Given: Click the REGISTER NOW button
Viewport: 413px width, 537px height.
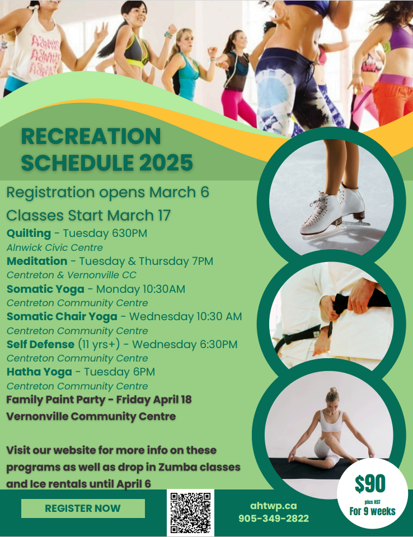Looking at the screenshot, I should [x=83, y=509].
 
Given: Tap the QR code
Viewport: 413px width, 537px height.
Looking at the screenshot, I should [x=190, y=513].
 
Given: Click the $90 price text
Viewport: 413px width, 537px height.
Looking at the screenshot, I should [x=370, y=484].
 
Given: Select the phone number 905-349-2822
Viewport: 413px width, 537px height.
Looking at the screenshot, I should [x=274, y=519].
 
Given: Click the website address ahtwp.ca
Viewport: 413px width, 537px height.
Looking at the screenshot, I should [x=274, y=506].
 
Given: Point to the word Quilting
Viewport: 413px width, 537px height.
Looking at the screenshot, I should [x=29, y=233].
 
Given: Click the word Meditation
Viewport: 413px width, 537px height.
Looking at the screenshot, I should [x=37, y=261].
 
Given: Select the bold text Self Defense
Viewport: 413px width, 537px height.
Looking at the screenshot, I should [x=40, y=344].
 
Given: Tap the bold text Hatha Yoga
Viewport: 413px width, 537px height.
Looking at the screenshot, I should [x=39, y=372].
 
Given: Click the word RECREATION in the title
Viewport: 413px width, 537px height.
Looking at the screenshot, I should [x=91, y=136].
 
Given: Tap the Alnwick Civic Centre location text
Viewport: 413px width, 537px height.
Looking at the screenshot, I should [x=55, y=247].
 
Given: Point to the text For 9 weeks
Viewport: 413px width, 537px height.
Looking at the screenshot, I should [x=372, y=511].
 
